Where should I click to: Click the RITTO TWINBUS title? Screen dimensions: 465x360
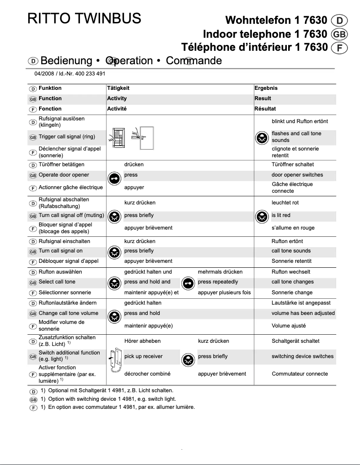(84, 19)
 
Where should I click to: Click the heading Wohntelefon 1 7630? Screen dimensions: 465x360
(276, 20)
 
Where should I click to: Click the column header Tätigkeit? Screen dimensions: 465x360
(118, 88)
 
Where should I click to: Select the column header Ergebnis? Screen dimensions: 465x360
(266, 88)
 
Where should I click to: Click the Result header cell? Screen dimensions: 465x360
(263, 98)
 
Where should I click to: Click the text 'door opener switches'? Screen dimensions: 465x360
(297, 175)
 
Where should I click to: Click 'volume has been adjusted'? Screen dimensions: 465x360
(303, 313)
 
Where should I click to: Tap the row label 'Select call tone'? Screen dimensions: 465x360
(57, 282)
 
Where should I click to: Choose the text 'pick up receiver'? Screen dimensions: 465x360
(143, 356)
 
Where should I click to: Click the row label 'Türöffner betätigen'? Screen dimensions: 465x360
(61, 164)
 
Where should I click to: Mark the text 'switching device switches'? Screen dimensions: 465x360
(302, 356)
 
